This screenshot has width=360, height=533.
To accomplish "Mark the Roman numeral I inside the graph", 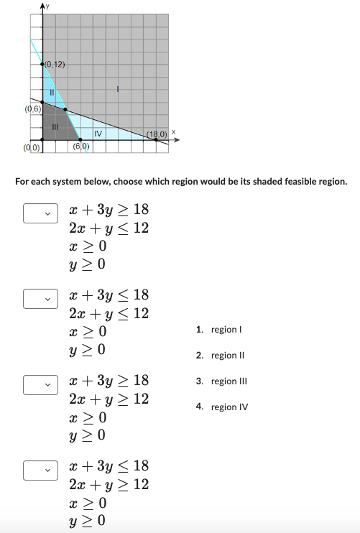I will pos(118,90).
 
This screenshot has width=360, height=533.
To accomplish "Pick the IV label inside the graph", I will pos(98,133).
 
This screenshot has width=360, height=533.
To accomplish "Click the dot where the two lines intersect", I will pos(66,110).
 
